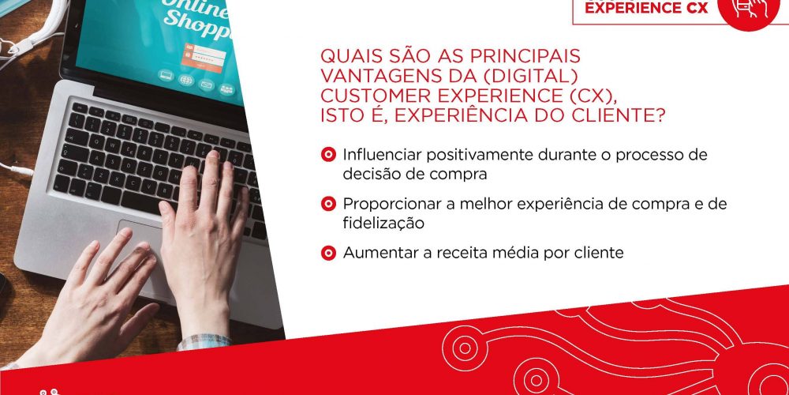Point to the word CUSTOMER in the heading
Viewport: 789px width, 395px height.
[x=368, y=96]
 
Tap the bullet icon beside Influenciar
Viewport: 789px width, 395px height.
[x=328, y=154]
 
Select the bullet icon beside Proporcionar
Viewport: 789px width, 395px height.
[x=328, y=204]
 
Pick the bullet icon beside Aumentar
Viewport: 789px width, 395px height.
[x=328, y=253]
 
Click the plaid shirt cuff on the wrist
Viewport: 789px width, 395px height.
[x=204, y=341]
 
